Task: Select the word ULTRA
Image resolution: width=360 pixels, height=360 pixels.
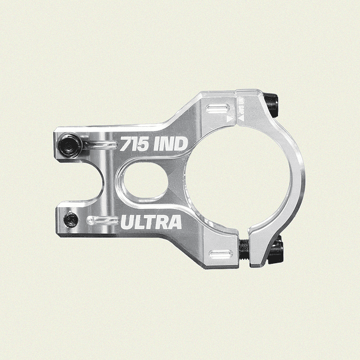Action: coord(150,223)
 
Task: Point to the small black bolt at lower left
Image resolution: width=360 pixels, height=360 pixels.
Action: coord(71,220)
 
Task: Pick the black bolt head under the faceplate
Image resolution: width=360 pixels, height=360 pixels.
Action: coord(274,250)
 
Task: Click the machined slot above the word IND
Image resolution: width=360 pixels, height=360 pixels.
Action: coord(219,109)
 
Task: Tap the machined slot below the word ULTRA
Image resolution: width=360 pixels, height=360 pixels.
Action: coord(221,254)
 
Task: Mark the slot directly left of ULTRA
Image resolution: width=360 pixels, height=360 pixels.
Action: coord(103,221)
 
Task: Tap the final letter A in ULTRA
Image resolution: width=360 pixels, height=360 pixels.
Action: coord(174,223)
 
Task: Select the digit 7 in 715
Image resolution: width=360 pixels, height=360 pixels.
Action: coord(125,144)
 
